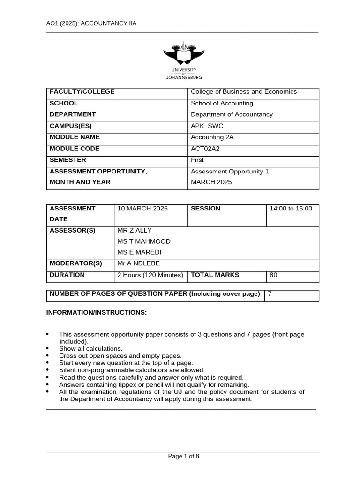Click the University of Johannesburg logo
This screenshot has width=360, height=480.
(183, 61)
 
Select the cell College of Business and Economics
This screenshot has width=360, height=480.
(243, 92)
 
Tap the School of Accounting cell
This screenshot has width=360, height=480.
(222, 103)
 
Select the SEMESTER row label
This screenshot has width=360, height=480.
(68, 160)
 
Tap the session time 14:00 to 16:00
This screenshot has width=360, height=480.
(291, 209)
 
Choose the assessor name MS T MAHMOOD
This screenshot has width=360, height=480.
(144, 241)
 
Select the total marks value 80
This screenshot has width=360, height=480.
(273, 275)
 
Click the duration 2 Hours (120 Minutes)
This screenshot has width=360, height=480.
(150, 275)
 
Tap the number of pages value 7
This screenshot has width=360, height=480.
(270, 294)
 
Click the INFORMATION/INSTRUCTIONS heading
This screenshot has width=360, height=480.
(97, 313)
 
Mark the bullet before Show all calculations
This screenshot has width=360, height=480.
(48, 349)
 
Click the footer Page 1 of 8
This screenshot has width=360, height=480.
(184, 457)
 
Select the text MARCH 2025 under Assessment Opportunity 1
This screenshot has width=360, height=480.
(211, 182)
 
